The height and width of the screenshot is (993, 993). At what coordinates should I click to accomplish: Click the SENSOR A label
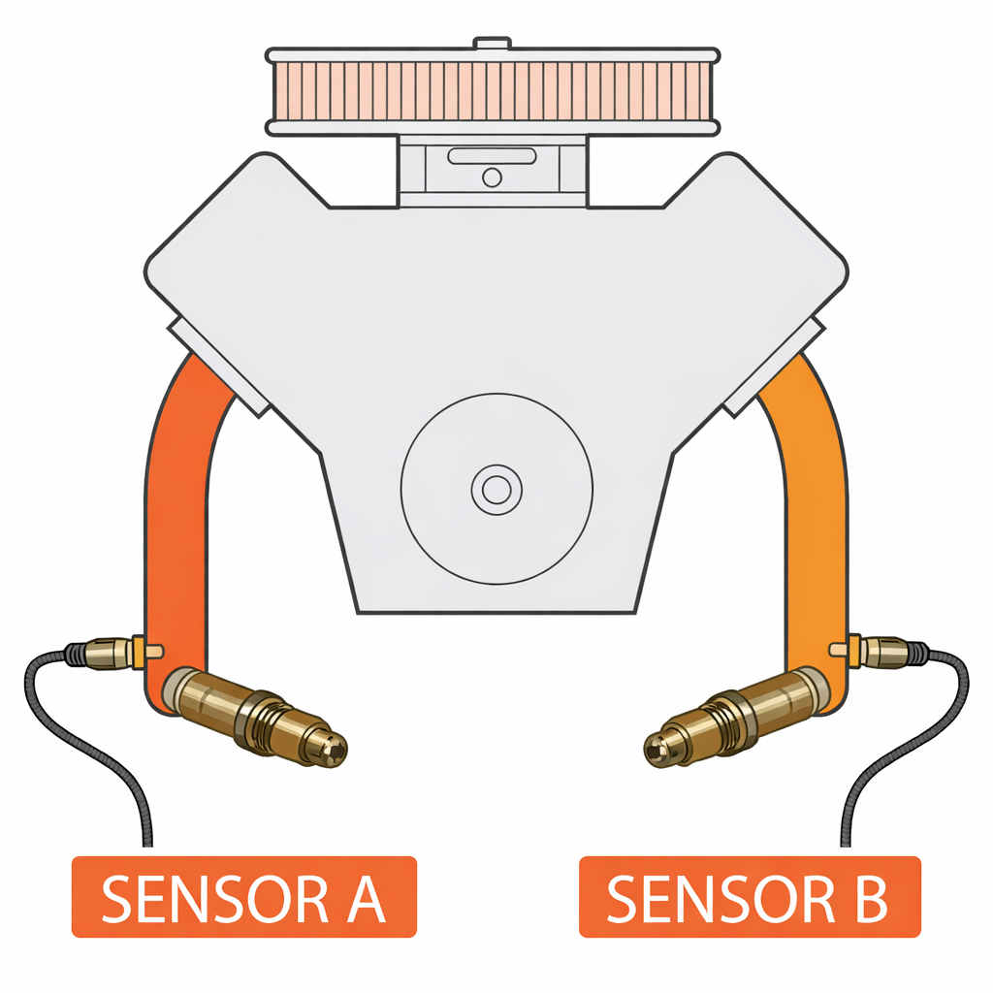244,897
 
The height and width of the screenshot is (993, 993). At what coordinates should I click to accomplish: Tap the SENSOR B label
749,897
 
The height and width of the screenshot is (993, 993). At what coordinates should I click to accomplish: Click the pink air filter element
493,90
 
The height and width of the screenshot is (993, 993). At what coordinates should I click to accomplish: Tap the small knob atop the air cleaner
493,43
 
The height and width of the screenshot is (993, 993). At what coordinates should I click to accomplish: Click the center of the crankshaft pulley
496,489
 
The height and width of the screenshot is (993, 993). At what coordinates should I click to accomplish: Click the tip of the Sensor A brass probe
336,748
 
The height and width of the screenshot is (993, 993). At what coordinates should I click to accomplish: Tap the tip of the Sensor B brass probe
657,748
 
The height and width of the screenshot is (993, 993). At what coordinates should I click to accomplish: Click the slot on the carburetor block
493,155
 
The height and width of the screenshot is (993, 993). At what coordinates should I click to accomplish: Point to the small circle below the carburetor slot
493,176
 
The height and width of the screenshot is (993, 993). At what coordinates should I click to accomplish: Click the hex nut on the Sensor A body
259,719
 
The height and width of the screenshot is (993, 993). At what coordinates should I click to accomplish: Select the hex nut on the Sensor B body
733,719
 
